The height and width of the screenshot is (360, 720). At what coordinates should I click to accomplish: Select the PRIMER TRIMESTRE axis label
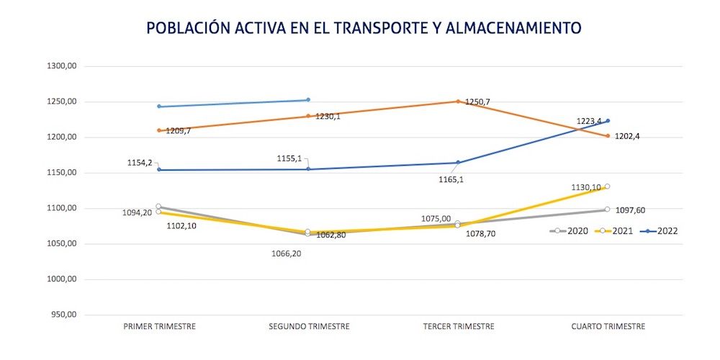point(160,326)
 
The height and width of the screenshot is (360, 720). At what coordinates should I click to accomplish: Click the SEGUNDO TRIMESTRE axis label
point(309,326)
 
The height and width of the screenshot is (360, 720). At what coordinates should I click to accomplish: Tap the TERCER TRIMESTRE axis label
point(459,326)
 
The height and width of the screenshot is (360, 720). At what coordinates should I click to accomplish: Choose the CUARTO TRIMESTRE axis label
point(608,326)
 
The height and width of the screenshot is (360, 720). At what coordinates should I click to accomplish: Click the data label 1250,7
point(477,102)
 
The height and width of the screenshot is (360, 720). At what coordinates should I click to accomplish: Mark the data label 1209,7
point(179,131)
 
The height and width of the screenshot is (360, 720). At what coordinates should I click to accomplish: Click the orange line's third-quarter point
point(458,102)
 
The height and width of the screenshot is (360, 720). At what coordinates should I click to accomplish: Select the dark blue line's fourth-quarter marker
point(608,121)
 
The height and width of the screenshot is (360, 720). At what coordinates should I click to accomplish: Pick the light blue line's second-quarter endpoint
point(308,100)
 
